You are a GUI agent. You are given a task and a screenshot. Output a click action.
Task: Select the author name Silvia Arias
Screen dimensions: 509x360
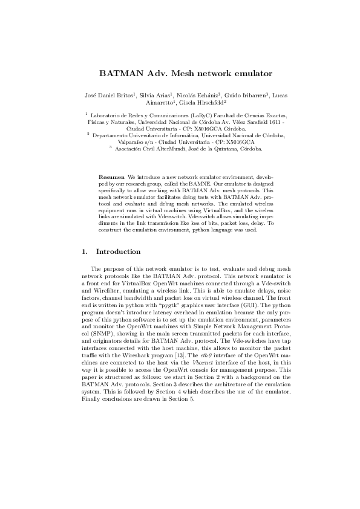[x=154, y=96]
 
